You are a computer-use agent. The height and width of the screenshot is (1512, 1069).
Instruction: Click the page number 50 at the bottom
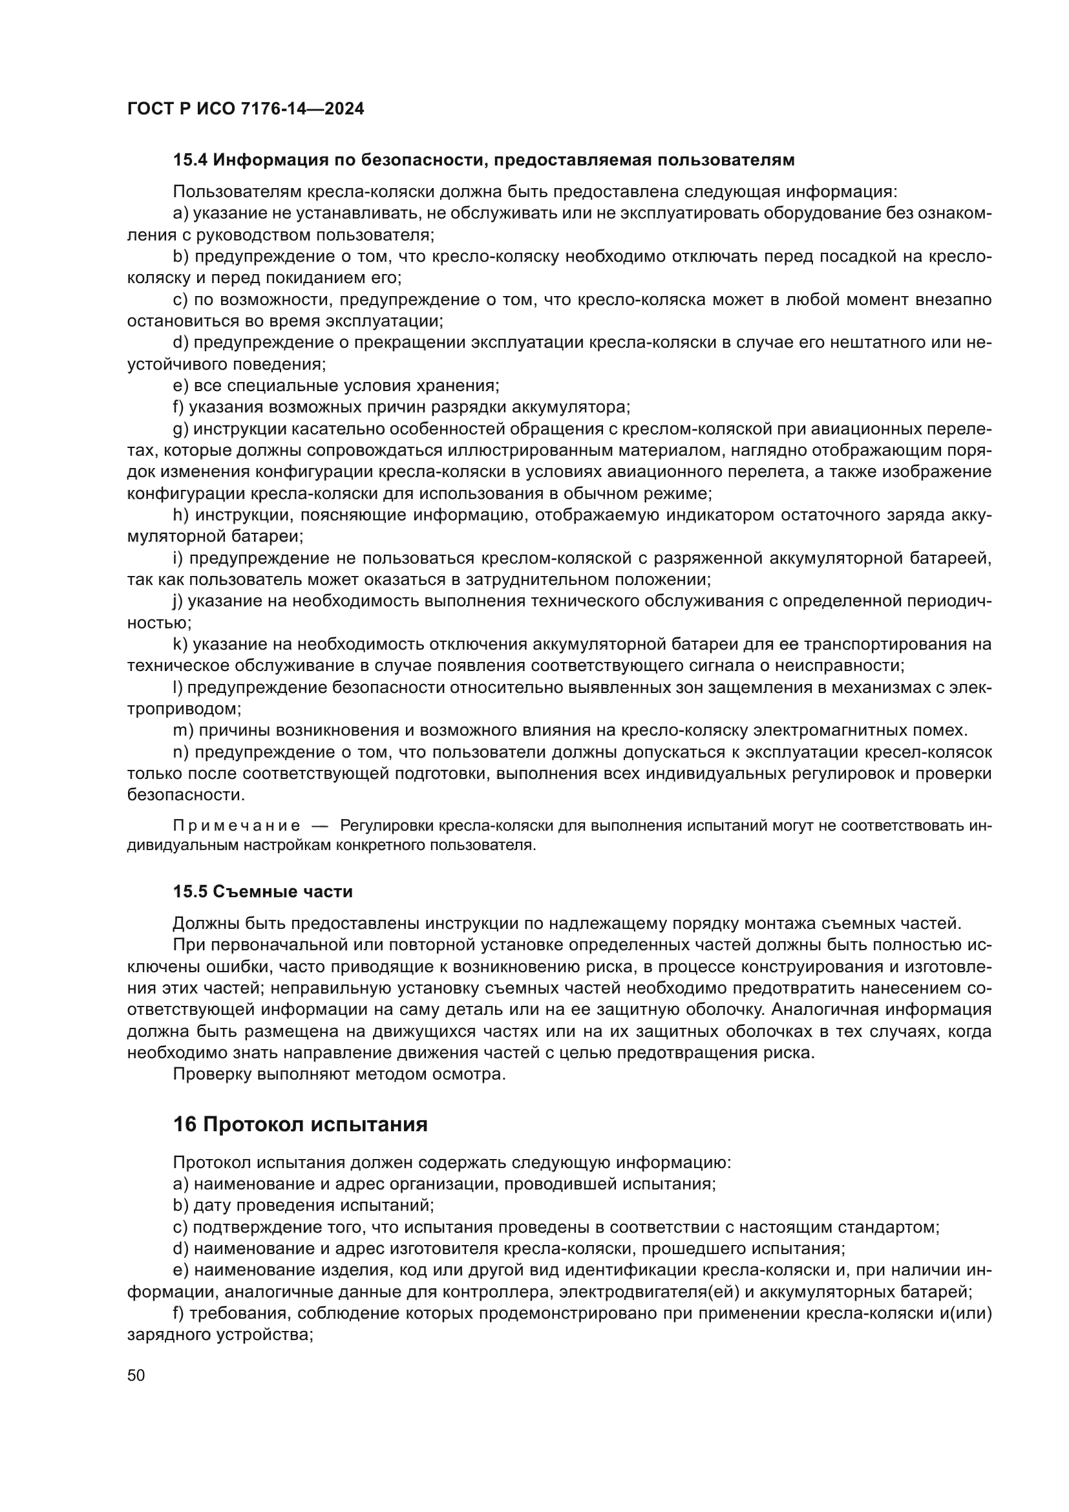click(136, 1375)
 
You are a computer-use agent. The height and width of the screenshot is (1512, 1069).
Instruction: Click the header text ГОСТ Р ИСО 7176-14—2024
click(246, 109)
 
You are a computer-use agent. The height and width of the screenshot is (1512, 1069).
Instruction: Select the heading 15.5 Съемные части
click(262, 891)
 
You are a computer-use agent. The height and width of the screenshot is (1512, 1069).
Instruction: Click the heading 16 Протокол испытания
click(300, 1124)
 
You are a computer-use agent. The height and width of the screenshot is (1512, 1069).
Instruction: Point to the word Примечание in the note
click(237, 825)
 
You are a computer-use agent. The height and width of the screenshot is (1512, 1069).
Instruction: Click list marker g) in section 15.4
click(180, 429)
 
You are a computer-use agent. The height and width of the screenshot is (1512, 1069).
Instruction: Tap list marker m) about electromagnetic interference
click(183, 730)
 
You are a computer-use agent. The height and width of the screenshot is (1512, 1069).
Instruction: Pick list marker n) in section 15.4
click(180, 752)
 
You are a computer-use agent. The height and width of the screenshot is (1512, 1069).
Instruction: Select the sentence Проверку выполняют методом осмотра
click(339, 1074)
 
